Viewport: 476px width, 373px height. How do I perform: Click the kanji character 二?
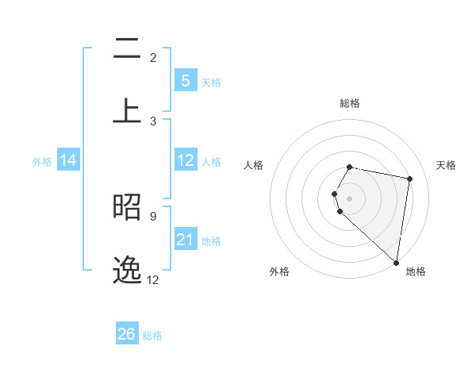[x=127, y=49]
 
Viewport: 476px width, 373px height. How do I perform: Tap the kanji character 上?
[x=127, y=109]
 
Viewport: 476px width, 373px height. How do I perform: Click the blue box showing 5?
[x=185, y=80]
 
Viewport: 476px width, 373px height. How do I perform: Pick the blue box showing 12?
[x=185, y=160]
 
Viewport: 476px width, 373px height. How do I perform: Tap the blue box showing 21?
[x=185, y=240]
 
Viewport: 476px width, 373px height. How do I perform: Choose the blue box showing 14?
[x=68, y=160]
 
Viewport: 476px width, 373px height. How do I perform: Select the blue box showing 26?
[x=127, y=334]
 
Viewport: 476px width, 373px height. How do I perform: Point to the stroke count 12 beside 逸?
[x=152, y=279]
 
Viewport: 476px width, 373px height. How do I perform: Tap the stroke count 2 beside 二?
[x=153, y=57]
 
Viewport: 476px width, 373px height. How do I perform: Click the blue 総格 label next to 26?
[x=152, y=336]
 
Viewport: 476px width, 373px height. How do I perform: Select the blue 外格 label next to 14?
[x=42, y=162]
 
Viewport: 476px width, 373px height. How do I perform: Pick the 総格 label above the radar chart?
[x=350, y=103]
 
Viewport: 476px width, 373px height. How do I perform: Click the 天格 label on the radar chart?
[x=446, y=165]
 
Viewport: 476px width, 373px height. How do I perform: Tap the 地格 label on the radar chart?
[x=416, y=271]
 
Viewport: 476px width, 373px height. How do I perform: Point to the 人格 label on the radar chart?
[x=254, y=165]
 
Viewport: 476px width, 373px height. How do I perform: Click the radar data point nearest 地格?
[x=397, y=262]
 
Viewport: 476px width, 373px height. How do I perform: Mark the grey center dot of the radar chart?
[x=350, y=197]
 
